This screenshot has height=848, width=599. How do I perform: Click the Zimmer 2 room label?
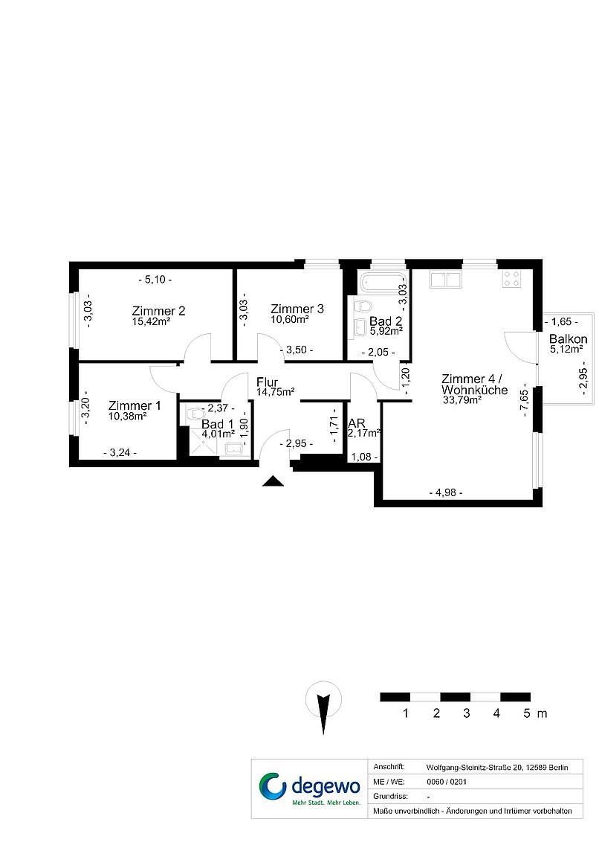click(159, 311)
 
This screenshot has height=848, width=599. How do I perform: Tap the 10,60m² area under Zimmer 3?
click(290, 320)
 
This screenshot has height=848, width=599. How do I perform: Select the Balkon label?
click(569, 339)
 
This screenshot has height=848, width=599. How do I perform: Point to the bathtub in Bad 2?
click(380, 283)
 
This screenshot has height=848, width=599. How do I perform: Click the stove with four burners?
click(511, 279)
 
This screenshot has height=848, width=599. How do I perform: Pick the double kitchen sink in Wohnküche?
click(445, 279)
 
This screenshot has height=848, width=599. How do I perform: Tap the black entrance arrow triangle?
click(273, 481)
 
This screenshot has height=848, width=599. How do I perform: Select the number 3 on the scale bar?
click(467, 713)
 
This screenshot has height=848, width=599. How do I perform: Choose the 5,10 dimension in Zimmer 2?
click(155, 280)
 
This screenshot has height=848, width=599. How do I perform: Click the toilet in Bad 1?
click(193, 414)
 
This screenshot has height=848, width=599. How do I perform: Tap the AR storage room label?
click(357, 423)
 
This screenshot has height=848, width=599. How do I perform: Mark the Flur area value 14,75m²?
click(276, 392)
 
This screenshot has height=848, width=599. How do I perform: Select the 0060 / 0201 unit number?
click(447, 782)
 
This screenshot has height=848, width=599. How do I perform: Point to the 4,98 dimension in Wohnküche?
click(446, 492)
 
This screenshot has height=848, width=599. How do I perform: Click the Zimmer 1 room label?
click(135, 405)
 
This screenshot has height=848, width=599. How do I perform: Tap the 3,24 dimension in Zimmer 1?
click(120, 453)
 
